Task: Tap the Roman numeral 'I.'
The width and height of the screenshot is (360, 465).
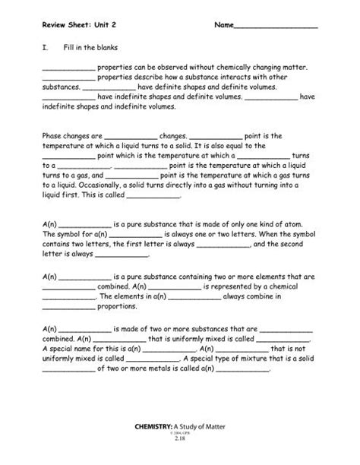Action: click(x=46, y=48)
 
